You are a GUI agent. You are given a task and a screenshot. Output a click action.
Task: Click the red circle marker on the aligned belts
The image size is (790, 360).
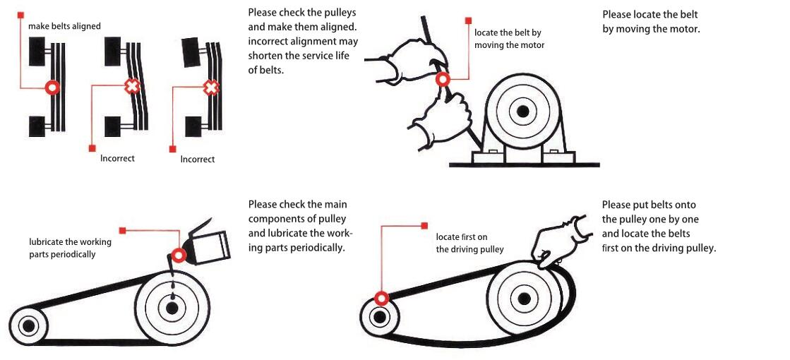52,88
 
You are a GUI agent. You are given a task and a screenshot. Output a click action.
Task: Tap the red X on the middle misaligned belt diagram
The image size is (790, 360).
131,87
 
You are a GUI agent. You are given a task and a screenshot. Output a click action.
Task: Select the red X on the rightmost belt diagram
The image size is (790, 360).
210,88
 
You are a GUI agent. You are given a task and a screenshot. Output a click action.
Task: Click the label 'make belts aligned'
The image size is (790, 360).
64,26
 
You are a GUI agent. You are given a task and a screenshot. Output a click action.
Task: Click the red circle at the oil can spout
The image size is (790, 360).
179,256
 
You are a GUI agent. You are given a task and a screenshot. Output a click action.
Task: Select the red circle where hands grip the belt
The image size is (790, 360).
443,80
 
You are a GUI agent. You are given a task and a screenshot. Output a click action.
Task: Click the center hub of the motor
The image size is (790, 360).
522,112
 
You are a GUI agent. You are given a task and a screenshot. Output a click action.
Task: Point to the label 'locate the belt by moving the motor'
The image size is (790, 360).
509,39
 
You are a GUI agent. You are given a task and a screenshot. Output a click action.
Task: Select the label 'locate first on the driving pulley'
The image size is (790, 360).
469,243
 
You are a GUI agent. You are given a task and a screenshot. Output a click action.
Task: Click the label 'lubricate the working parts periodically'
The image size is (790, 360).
66,248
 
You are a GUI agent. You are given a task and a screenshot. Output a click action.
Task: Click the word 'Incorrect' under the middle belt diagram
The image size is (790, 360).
117,158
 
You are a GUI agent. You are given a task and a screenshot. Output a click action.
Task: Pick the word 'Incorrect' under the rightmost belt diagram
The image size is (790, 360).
198,159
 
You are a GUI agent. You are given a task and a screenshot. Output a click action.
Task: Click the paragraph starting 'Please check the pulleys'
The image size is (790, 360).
303,41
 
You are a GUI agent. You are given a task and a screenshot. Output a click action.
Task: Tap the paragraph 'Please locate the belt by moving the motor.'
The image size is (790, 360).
651,22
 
